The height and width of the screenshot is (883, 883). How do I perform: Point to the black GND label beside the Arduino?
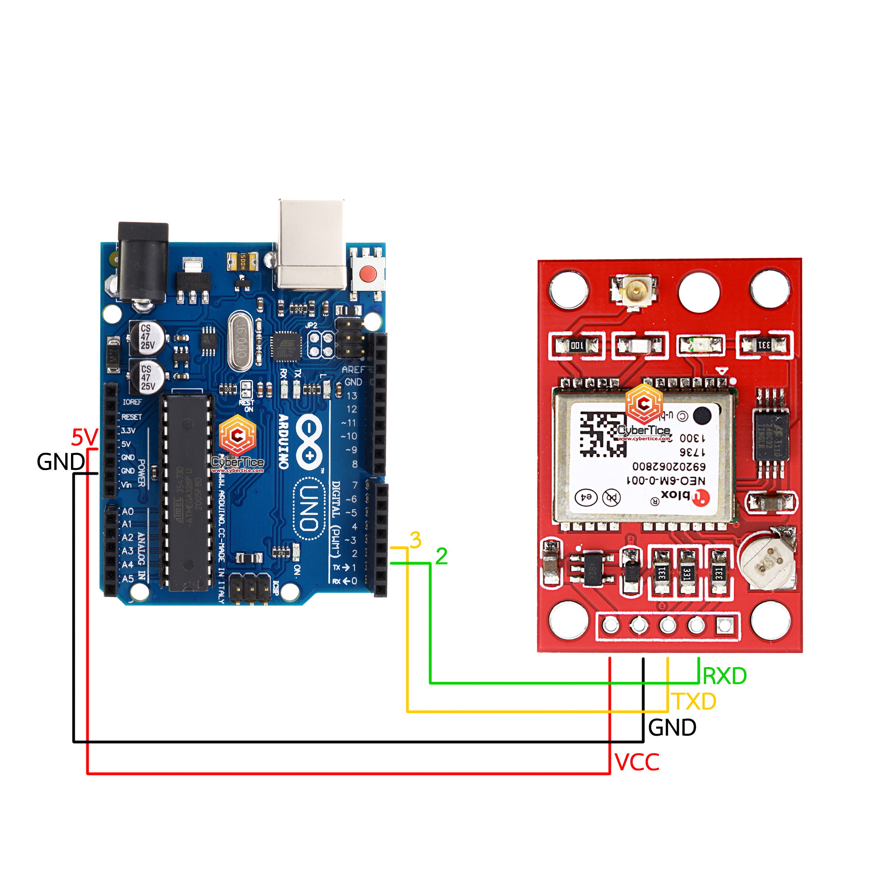pos(60,462)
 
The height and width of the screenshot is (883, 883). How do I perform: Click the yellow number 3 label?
pos(415,540)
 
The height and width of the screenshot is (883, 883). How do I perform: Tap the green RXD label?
pos(724,676)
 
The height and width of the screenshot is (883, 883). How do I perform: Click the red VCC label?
pos(637,762)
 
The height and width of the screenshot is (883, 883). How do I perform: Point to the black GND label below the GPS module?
pos(672,728)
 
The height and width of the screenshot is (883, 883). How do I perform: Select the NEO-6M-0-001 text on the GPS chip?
pos(665,481)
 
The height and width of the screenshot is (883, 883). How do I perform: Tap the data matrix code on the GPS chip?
pos(603,435)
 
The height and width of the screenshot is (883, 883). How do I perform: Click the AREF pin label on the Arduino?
pos(353,369)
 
